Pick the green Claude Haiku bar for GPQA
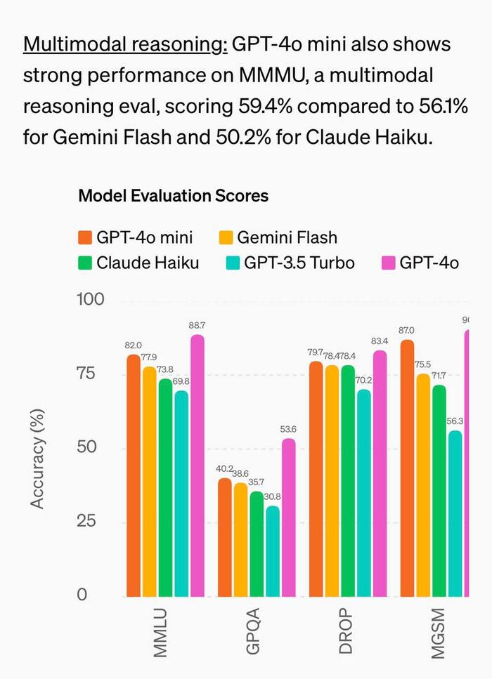pyautogui.click(x=257, y=544)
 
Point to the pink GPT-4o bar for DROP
pyautogui.click(x=380, y=473)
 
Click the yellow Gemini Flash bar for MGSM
pyautogui.click(x=424, y=485)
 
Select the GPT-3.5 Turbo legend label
pyautogui.click(x=299, y=263)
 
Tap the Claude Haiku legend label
pyautogui.click(x=148, y=263)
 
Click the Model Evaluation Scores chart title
pyautogui.click(x=173, y=196)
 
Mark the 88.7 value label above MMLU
pyautogui.click(x=197, y=326)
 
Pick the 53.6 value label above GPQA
pyautogui.click(x=288, y=430)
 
